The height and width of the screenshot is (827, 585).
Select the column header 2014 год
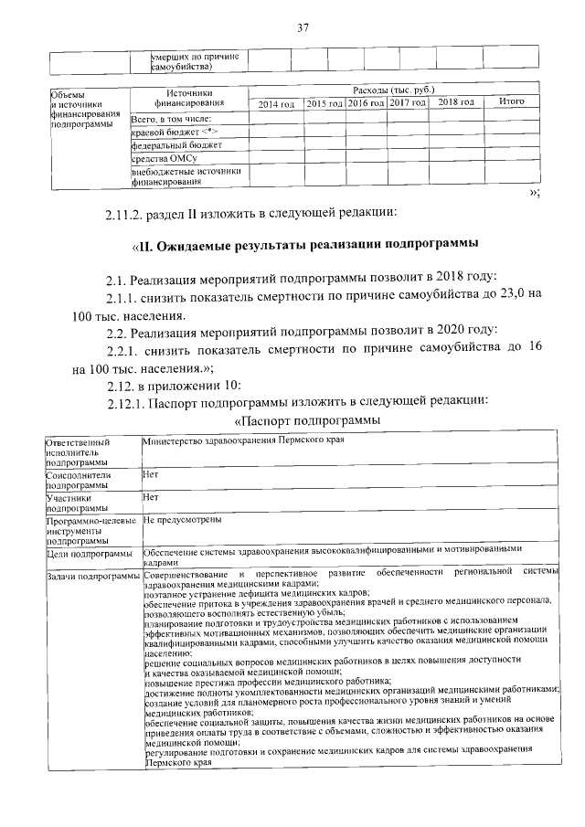click(275, 104)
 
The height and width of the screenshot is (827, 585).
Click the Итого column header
click(511, 102)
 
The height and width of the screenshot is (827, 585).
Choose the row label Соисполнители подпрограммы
click(80, 481)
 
